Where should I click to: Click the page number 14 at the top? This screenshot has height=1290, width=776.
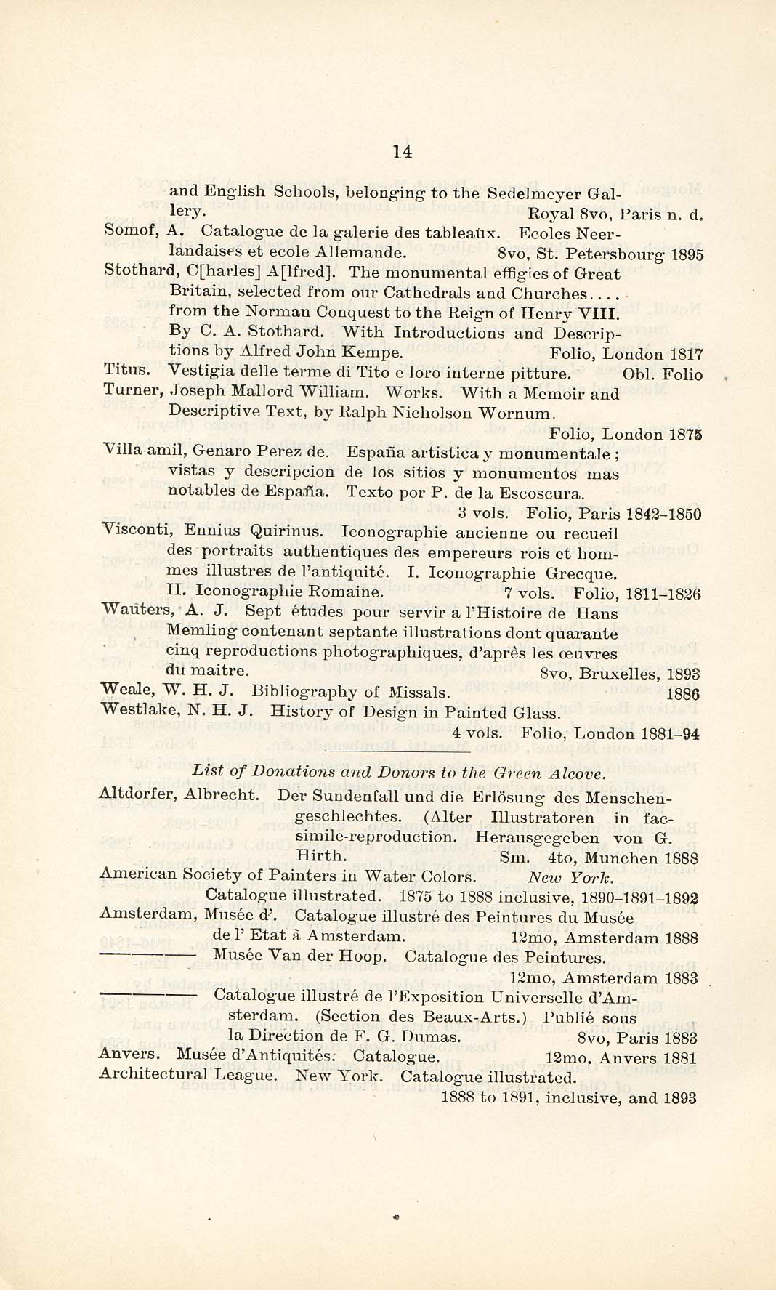[x=402, y=151]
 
